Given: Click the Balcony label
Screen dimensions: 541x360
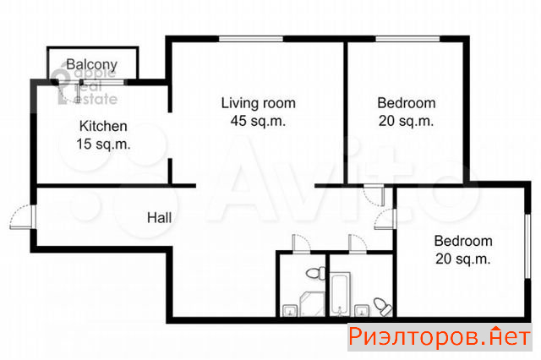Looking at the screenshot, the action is tap(92, 64).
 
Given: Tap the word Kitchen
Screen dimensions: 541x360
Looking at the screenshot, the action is tap(103, 126).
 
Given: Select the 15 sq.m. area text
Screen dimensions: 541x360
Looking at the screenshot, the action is tap(103, 144).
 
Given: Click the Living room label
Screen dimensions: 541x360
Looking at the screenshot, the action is tap(258, 103).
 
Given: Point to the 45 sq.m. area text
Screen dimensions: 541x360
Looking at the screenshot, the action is tap(258, 121).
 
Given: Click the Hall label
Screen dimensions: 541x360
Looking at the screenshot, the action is tap(159, 218).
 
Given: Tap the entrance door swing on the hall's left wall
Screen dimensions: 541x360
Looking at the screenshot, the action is tap(21, 216).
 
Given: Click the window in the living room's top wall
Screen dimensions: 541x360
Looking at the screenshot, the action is tap(251, 39).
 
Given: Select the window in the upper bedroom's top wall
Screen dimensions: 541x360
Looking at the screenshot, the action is tap(407, 39).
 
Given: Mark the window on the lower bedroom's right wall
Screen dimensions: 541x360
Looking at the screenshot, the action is tap(527, 246).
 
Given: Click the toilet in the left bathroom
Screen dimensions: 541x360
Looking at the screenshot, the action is tap(315, 274).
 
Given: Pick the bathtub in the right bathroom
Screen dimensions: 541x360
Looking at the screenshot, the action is tap(340, 294).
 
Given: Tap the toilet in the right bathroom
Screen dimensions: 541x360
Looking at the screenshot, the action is tap(383, 307).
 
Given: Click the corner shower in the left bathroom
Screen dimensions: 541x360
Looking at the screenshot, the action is tap(313, 303).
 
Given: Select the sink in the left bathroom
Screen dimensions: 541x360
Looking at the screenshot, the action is tap(290, 310).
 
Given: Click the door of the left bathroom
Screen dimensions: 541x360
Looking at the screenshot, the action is tap(301, 243).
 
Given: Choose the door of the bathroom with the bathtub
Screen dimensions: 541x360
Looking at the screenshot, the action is tap(358, 243).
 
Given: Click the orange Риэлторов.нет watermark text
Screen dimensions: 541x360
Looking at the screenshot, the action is tap(440, 336).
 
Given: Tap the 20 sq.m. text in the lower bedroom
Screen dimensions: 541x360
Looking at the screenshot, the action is tap(463, 259).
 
